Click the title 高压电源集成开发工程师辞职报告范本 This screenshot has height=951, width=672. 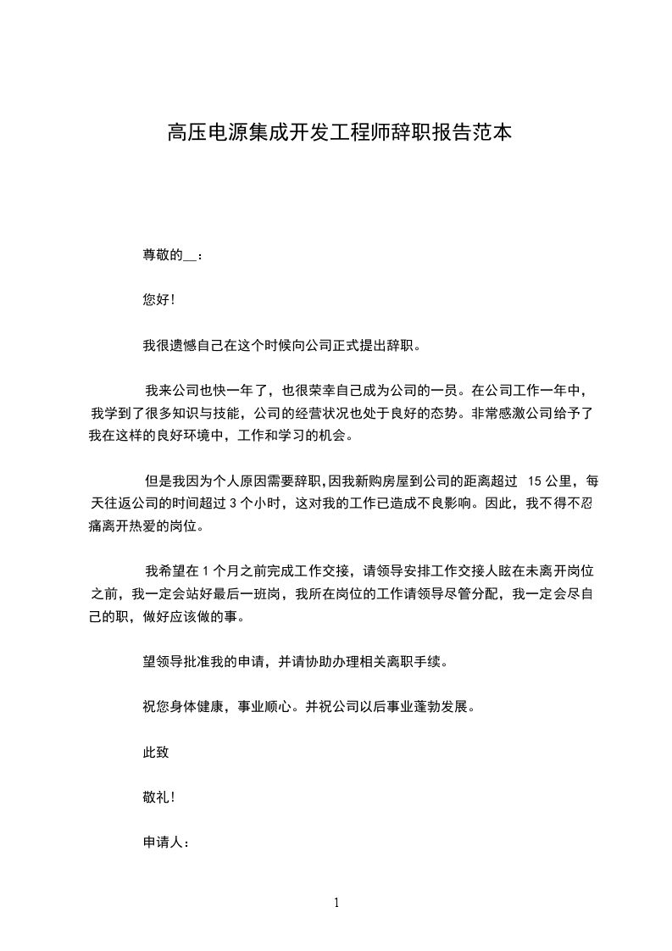[x=339, y=133]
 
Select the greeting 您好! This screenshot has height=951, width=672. [x=159, y=300]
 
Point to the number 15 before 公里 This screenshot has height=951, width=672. [x=535, y=481]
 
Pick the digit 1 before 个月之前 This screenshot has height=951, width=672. [x=206, y=570]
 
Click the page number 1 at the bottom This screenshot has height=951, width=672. [x=336, y=904]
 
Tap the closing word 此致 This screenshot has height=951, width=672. [x=157, y=752]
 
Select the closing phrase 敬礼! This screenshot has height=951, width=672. [x=159, y=797]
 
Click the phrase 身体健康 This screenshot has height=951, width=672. [x=199, y=706]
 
